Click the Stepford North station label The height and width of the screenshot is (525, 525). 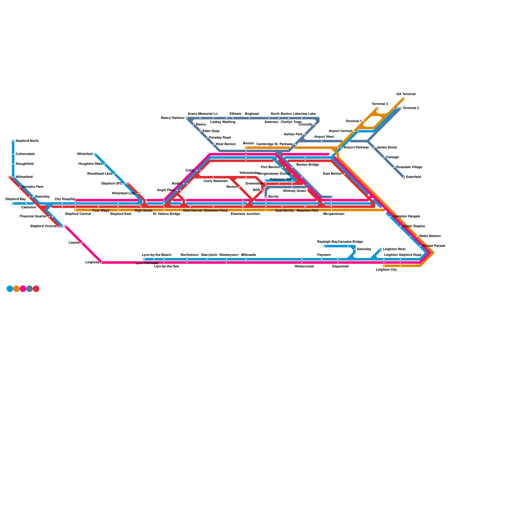tap(27, 141)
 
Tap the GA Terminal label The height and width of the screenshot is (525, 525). tap(406, 94)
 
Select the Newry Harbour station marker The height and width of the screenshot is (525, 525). tap(187, 118)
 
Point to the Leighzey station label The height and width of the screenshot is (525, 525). tap(92, 262)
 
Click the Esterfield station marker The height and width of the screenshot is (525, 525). tap(404, 177)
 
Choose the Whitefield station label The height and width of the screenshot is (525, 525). tap(85, 154)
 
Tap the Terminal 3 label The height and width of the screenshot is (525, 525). tap(380, 104)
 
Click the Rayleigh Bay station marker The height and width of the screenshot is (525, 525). tap(325, 246)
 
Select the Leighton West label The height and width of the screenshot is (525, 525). tap(394, 249)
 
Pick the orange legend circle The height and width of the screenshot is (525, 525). tap(16, 289)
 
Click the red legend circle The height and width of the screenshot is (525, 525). tap(36, 289)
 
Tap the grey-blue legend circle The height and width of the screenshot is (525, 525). tap(30, 289)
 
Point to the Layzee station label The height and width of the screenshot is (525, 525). tap(74, 243)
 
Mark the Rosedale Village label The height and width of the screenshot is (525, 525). tap(409, 167)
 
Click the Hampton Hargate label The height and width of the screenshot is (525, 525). tap(406, 217)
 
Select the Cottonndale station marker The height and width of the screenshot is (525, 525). tap(13, 154)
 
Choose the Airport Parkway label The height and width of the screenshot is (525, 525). tap(356, 148)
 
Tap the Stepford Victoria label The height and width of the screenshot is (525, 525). tap(43, 226)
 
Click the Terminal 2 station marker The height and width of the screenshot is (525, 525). tap(400, 108)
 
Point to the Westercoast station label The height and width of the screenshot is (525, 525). tap(304, 266)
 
